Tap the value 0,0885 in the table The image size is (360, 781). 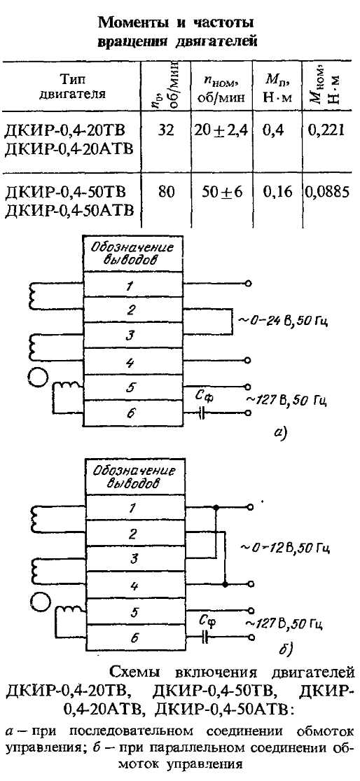[333, 192]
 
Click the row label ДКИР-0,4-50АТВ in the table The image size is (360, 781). [69, 209]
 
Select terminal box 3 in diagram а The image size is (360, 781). [134, 335]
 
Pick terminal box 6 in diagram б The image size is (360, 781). [134, 638]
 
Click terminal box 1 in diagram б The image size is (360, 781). [134, 508]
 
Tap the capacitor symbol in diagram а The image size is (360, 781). [202, 413]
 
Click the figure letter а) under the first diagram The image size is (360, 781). [280, 435]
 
